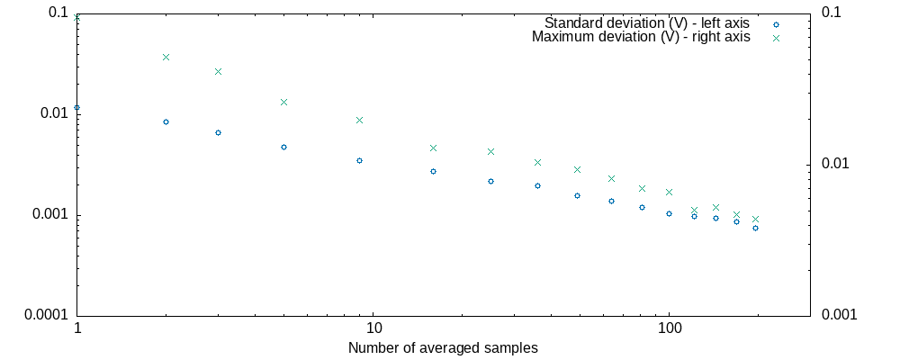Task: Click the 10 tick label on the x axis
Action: pyautogui.click(x=373, y=330)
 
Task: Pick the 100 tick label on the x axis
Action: pyautogui.click(x=669, y=330)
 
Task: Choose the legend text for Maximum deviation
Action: pyautogui.click(x=641, y=37)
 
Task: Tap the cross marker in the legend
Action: pyautogui.click(x=776, y=38)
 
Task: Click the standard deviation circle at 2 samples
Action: pyautogui.click(x=166, y=121)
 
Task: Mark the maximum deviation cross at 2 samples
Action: pyautogui.click(x=166, y=57)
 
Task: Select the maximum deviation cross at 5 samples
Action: pyautogui.click(x=283, y=102)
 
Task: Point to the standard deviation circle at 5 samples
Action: pyautogui.click(x=283, y=147)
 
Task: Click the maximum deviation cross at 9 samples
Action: pyautogui.click(x=359, y=120)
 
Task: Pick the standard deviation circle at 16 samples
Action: pyautogui.click(x=433, y=171)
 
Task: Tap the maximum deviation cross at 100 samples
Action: pyautogui.click(x=669, y=192)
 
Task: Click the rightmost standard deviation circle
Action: pyautogui.click(x=755, y=228)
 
